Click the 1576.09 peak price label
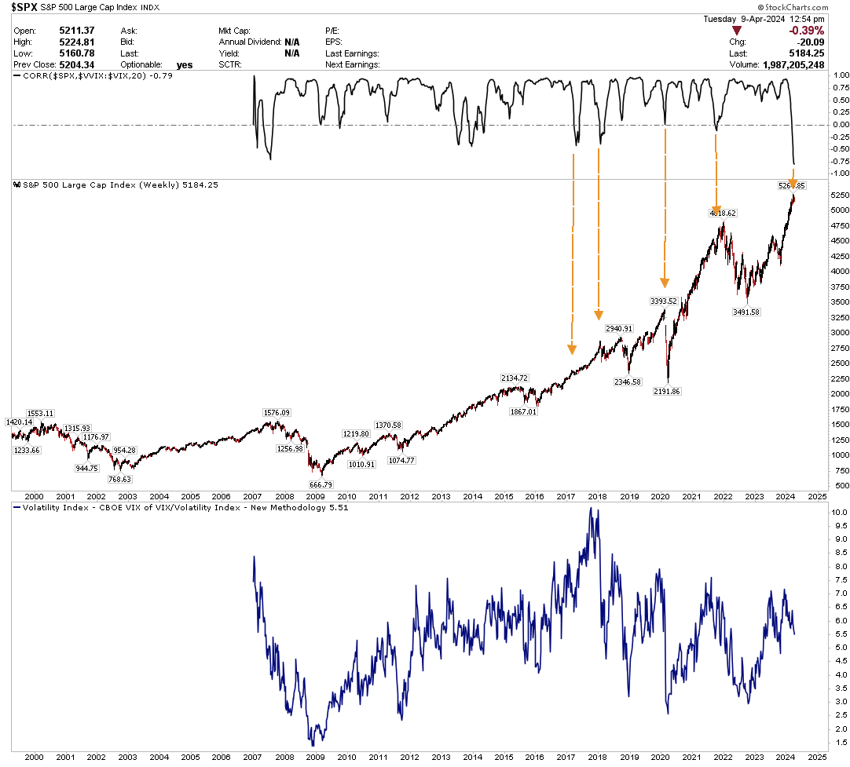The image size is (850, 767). click(x=276, y=413)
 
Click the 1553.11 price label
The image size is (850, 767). click(x=40, y=413)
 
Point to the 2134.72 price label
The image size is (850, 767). click(x=515, y=378)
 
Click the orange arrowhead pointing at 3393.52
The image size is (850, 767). click(x=665, y=283)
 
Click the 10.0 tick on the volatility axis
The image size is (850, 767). click(x=838, y=512)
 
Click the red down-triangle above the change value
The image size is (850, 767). click(x=737, y=30)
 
